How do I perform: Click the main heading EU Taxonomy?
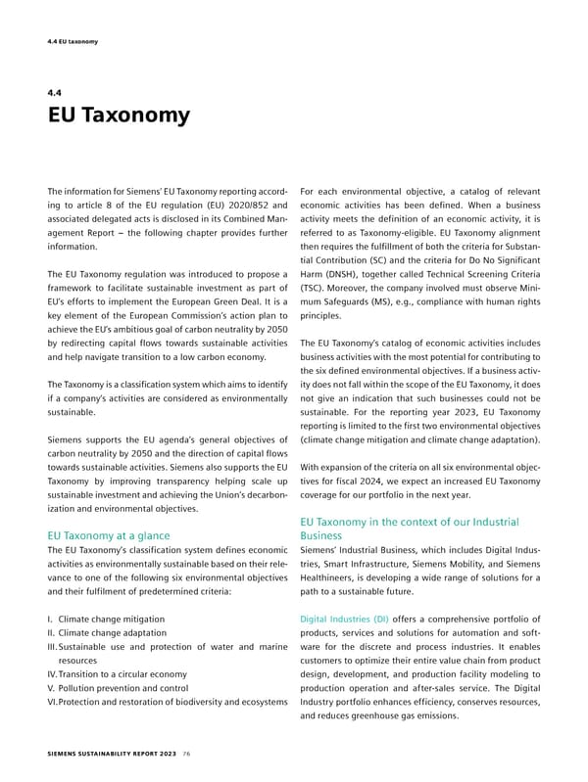[x=118, y=116]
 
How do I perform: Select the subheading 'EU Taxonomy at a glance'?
[x=109, y=535]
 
